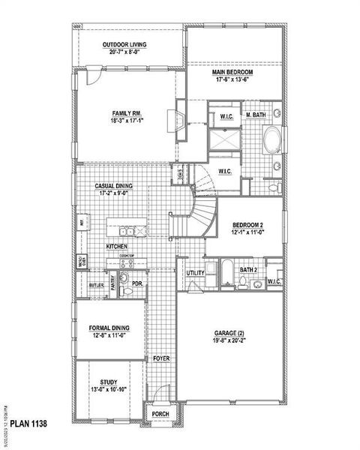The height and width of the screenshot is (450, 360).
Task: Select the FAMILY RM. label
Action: click(x=127, y=113)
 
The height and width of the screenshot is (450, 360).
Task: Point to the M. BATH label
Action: click(x=256, y=115)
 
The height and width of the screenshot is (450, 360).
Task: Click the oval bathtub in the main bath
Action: click(x=272, y=140)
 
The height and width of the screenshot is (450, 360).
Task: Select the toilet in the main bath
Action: click(x=274, y=187)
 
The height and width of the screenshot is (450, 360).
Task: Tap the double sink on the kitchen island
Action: click(x=131, y=231)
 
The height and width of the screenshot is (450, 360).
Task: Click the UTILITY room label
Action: click(x=196, y=273)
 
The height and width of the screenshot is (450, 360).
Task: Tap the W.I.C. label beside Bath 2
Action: click(x=274, y=281)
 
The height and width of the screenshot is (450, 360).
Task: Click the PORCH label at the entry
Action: click(x=159, y=414)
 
